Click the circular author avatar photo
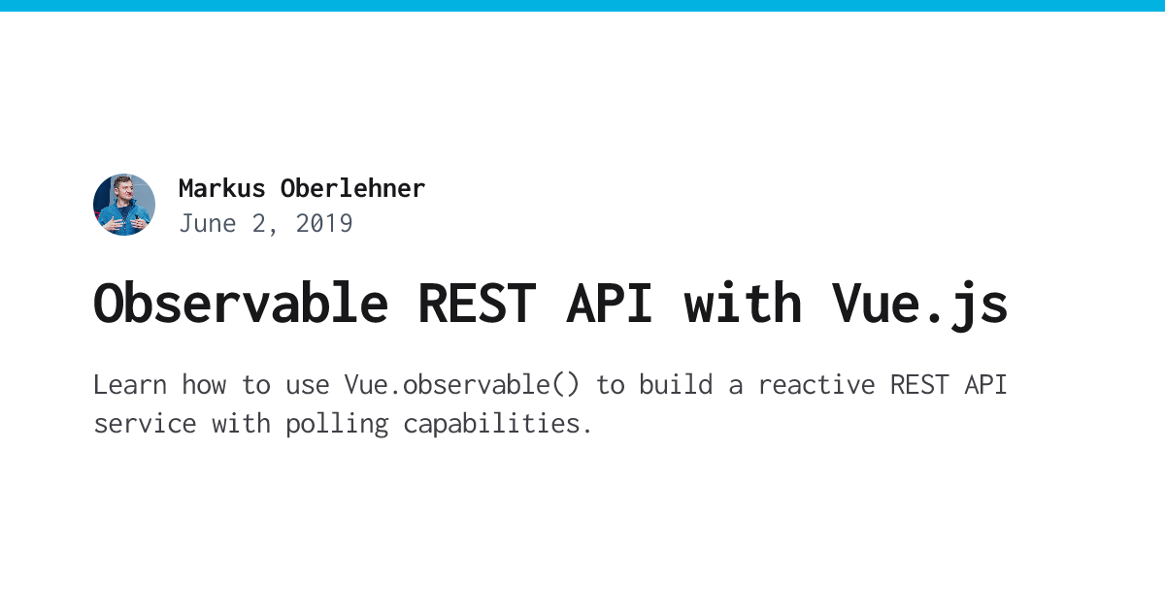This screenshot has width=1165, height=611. (x=124, y=205)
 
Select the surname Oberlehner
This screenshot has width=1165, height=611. (x=352, y=188)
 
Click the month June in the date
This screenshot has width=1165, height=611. (x=208, y=224)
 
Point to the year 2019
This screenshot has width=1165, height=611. (x=324, y=224)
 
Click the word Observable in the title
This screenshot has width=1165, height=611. (x=241, y=303)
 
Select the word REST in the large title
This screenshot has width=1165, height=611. (x=476, y=303)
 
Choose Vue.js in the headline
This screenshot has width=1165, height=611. (x=919, y=303)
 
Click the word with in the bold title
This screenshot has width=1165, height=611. (x=743, y=303)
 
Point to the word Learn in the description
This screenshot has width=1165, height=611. (x=130, y=385)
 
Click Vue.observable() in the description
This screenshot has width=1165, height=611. (x=461, y=385)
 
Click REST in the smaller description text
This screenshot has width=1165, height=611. (x=919, y=385)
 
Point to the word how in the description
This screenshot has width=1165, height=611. (x=204, y=385)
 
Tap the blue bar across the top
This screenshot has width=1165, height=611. (x=582, y=5)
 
